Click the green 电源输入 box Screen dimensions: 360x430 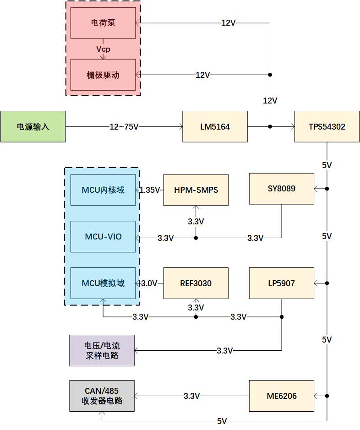point(33,126)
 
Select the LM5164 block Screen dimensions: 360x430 point(215,126)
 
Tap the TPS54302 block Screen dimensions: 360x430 point(327,126)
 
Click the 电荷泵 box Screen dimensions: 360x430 point(103,23)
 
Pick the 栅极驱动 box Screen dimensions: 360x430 point(103,75)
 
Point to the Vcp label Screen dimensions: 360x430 point(103,49)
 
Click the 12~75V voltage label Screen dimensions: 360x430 point(124,127)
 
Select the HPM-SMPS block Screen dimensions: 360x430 point(196,190)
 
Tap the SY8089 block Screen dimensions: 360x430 point(282,189)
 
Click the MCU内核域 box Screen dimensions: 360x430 point(103,190)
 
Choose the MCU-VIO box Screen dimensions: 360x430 point(103,236)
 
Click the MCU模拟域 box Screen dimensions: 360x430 point(103,283)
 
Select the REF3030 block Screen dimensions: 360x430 point(196,283)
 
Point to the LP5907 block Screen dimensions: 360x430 point(282,283)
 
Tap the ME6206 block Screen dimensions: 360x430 point(282,396)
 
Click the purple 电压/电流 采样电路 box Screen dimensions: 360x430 point(102,350)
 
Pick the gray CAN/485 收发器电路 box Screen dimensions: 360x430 point(102,396)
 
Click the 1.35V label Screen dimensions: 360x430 point(150,190)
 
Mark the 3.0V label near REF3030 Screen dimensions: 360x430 point(149,283)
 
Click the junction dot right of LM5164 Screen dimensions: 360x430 point(270,126)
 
